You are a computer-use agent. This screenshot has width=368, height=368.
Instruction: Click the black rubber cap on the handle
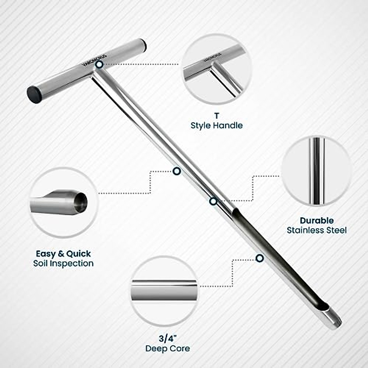(35, 94)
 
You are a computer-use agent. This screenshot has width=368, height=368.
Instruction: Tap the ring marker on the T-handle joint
(99, 64)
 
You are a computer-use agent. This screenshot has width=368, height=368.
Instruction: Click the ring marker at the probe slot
(259, 258)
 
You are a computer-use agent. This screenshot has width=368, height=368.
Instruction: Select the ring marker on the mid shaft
(213, 201)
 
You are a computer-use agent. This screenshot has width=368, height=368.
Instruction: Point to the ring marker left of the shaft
(176, 171)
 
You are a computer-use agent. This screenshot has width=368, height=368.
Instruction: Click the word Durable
(317, 220)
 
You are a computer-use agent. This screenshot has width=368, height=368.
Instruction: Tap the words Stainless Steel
(317, 230)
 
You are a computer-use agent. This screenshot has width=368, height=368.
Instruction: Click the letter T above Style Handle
(217, 116)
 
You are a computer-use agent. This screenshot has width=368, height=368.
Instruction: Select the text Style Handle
(217, 125)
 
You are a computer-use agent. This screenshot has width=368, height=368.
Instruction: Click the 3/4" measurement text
(167, 339)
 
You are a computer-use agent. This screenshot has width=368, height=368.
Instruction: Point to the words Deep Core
(167, 349)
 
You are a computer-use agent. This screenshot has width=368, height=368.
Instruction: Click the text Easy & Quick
(63, 254)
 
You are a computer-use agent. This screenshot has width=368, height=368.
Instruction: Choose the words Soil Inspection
(63, 263)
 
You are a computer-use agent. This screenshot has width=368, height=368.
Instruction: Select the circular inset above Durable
(316, 171)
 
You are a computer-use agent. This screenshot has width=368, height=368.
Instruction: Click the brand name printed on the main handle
(87, 61)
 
